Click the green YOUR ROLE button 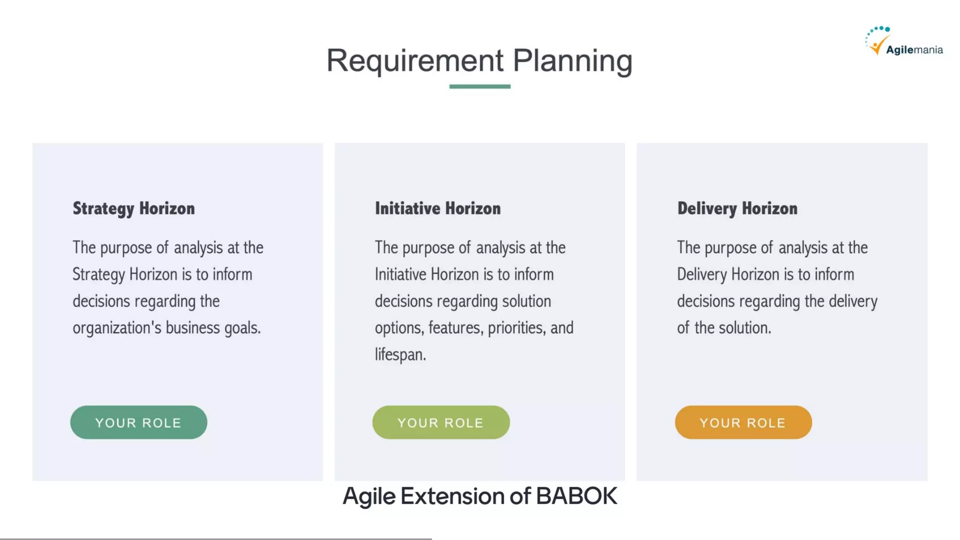tap(138, 422)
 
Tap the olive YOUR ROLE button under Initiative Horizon tap(441, 422)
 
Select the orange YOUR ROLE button tap(743, 422)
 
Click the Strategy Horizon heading tap(134, 208)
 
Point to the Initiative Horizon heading tap(437, 208)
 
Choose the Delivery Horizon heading tap(737, 208)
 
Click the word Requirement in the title tap(414, 61)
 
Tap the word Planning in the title tap(572, 61)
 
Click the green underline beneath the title tap(480, 86)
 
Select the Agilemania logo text tap(914, 50)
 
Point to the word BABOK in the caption tap(576, 496)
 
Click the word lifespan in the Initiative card tap(400, 355)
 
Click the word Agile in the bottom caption tap(369, 496)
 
